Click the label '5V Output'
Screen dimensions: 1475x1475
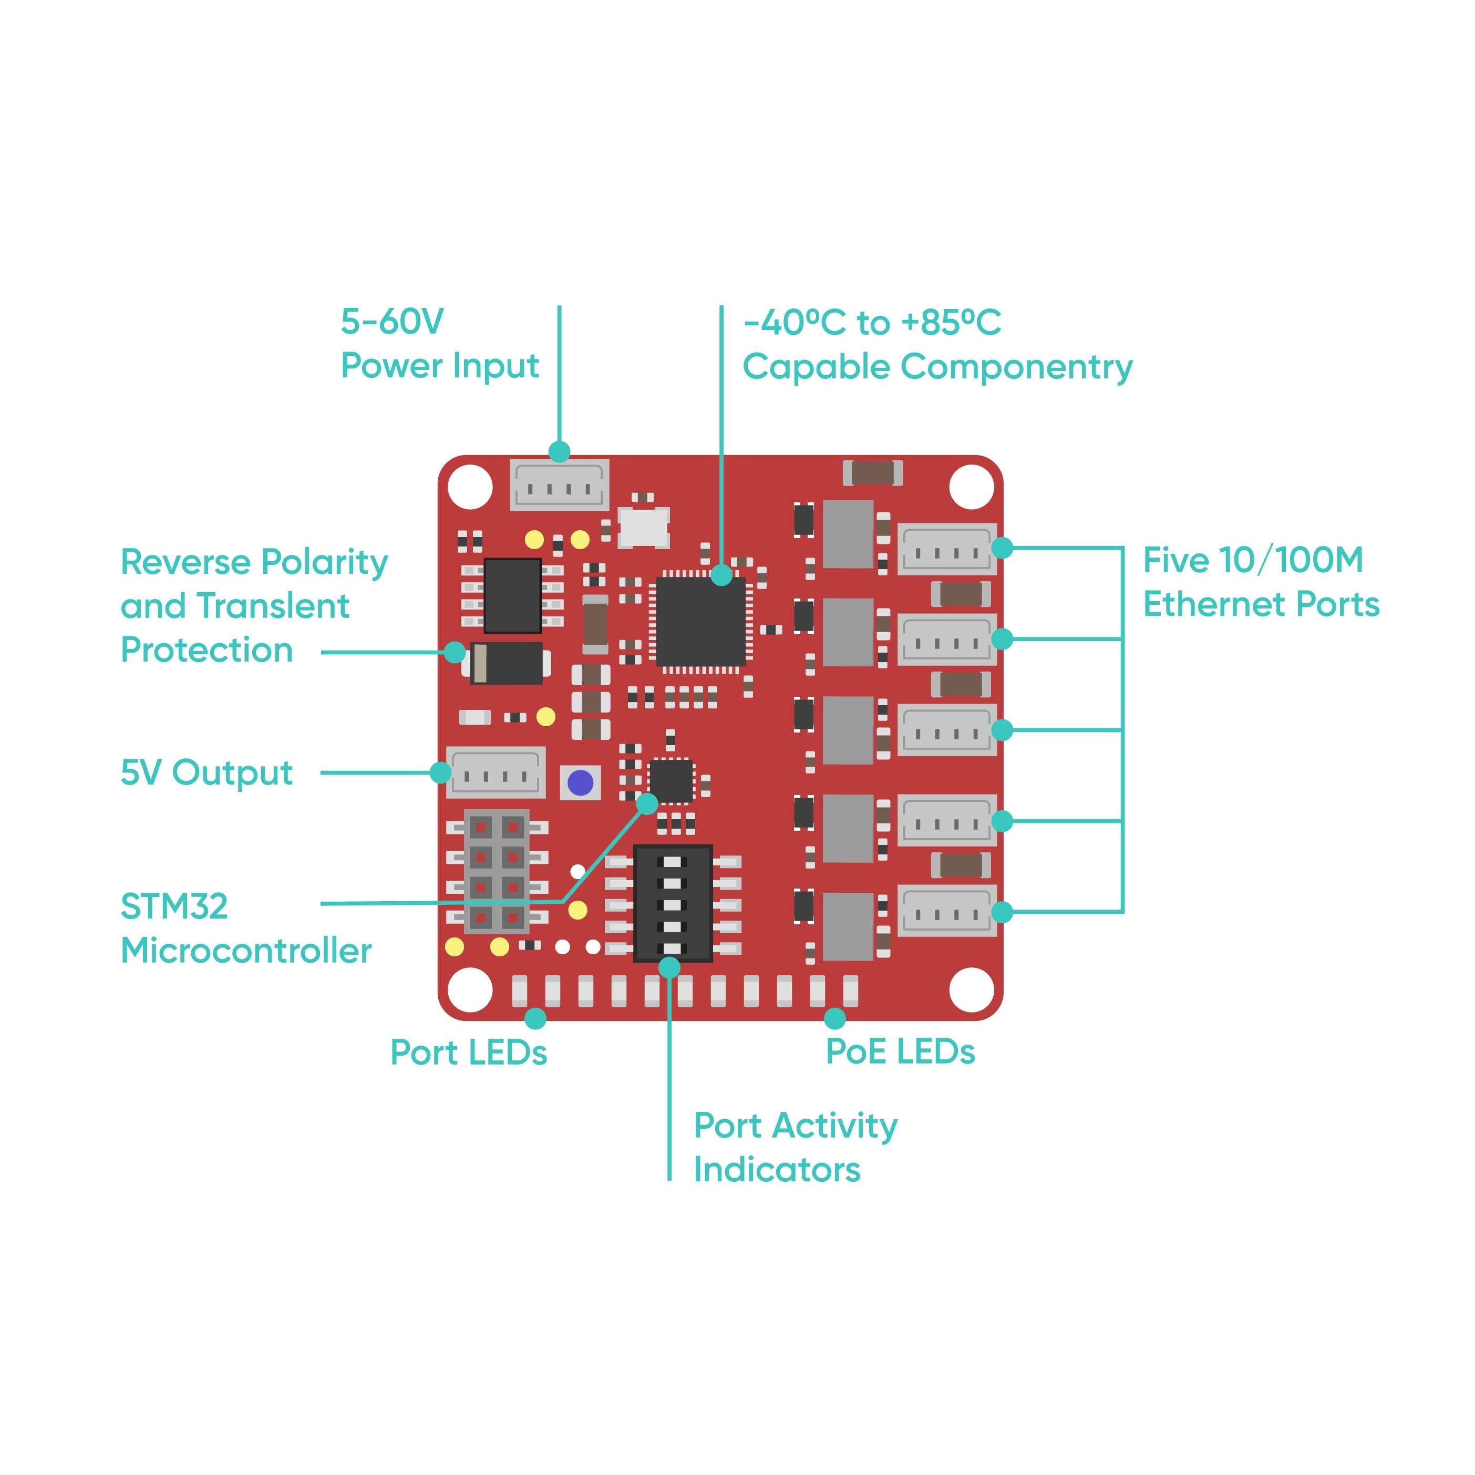coord(206,772)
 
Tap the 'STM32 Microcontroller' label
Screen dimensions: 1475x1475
coord(246,929)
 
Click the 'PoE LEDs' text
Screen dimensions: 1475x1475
coord(900,1051)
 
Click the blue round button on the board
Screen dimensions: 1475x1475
coord(580,782)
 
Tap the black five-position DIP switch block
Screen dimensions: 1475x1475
coord(673,904)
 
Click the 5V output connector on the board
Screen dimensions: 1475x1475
coord(496,772)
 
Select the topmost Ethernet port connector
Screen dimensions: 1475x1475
coord(947,549)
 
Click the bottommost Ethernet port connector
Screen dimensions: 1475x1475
coord(947,911)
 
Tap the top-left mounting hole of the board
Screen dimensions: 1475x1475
coord(470,486)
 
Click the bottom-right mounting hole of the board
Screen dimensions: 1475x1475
coord(971,989)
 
